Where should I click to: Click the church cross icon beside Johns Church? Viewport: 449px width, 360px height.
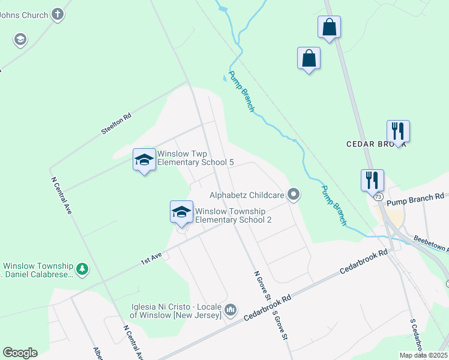58,15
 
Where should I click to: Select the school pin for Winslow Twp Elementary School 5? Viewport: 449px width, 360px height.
144,160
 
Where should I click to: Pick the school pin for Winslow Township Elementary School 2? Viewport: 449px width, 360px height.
181,212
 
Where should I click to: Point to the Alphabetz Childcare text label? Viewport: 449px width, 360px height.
246,194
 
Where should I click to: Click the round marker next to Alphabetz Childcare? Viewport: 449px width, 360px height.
294,194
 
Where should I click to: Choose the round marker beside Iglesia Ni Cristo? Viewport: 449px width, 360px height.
231,310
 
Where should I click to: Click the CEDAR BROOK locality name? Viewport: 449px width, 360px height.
376,145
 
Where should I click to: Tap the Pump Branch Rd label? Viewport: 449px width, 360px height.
415,196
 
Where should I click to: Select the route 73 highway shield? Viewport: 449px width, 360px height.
378,197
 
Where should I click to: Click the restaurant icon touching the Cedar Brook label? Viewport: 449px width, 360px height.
397,130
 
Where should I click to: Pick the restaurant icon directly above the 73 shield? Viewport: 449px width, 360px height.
372,179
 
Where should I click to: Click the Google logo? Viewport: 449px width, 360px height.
20,353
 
